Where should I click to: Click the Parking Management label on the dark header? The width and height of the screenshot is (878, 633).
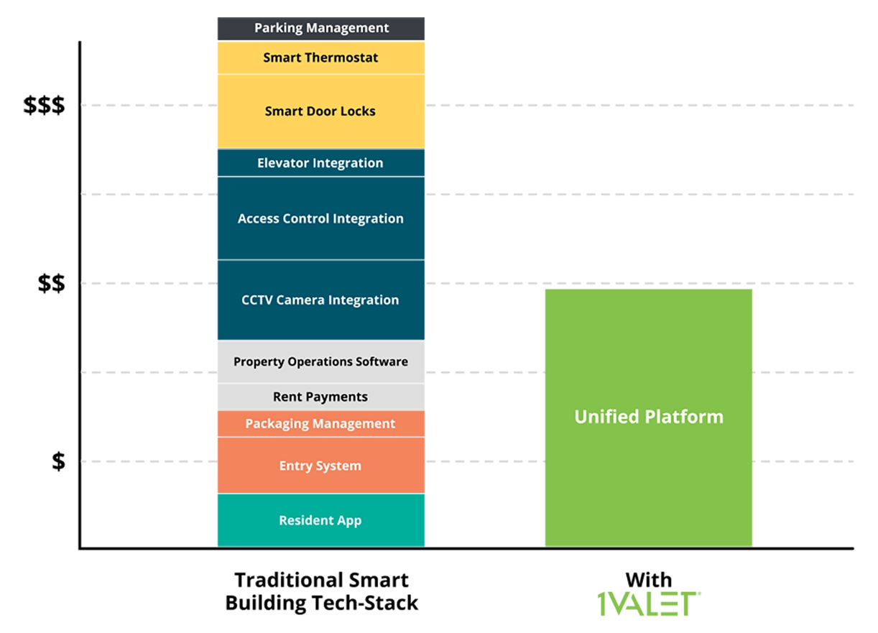coord(321,28)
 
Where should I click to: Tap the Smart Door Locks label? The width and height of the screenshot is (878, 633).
coord(320,111)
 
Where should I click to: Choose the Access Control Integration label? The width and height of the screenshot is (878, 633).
coord(320,218)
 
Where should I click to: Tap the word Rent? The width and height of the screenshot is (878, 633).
coord(287,397)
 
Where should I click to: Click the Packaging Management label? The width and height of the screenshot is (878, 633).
coord(320,424)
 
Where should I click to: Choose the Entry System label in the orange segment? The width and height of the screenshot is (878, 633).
coord(320,466)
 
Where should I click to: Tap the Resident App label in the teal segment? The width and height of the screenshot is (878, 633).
coord(320,520)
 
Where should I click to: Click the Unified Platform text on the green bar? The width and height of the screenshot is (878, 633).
coord(649,417)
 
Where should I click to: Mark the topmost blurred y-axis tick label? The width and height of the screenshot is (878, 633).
coord(46,106)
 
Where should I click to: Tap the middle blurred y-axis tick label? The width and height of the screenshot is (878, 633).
coord(52,285)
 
